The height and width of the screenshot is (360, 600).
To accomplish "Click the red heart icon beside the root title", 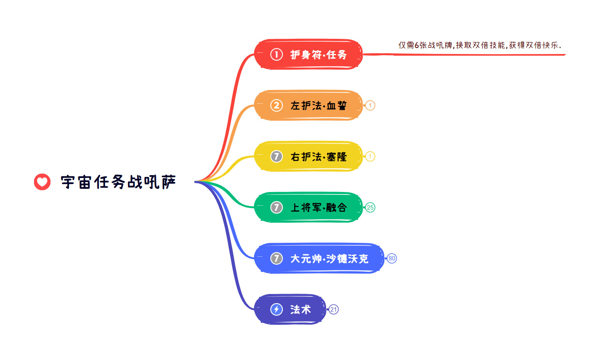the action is tap(42, 182).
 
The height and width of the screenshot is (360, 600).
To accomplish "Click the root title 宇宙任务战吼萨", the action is tap(118, 182).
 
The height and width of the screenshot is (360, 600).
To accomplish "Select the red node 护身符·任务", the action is tap(308, 54).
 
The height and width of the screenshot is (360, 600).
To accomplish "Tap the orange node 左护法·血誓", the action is tap(308, 105).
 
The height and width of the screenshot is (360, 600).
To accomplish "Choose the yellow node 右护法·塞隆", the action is tap(308, 156).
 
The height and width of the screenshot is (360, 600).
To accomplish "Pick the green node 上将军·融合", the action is tap(308, 207).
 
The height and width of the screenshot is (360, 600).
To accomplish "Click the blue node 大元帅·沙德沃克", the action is tap(319, 258).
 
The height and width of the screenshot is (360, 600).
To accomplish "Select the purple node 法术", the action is tap(290, 309).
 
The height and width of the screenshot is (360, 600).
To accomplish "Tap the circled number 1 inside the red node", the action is tap(276, 54).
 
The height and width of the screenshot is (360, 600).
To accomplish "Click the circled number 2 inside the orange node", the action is tap(276, 105).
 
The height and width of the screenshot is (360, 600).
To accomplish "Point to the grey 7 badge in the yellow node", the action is tap(276, 156).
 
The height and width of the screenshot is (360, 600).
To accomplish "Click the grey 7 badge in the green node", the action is tap(276, 207).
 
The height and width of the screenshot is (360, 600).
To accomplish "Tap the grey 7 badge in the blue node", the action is tap(276, 258).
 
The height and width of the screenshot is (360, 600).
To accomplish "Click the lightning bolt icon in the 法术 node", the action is tap(276, 309).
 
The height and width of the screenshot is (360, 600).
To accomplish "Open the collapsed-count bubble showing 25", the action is tap(370, 207).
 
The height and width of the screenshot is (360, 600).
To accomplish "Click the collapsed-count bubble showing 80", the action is tap(392, 258).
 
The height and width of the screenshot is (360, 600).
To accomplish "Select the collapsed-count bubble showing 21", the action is tap(334, 309).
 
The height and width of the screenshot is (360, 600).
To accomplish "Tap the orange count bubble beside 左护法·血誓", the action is tap(370, 105).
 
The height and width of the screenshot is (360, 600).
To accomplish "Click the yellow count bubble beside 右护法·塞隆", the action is tap(370, 156).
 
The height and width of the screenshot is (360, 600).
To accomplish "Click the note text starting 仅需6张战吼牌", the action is tap(480, 45).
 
